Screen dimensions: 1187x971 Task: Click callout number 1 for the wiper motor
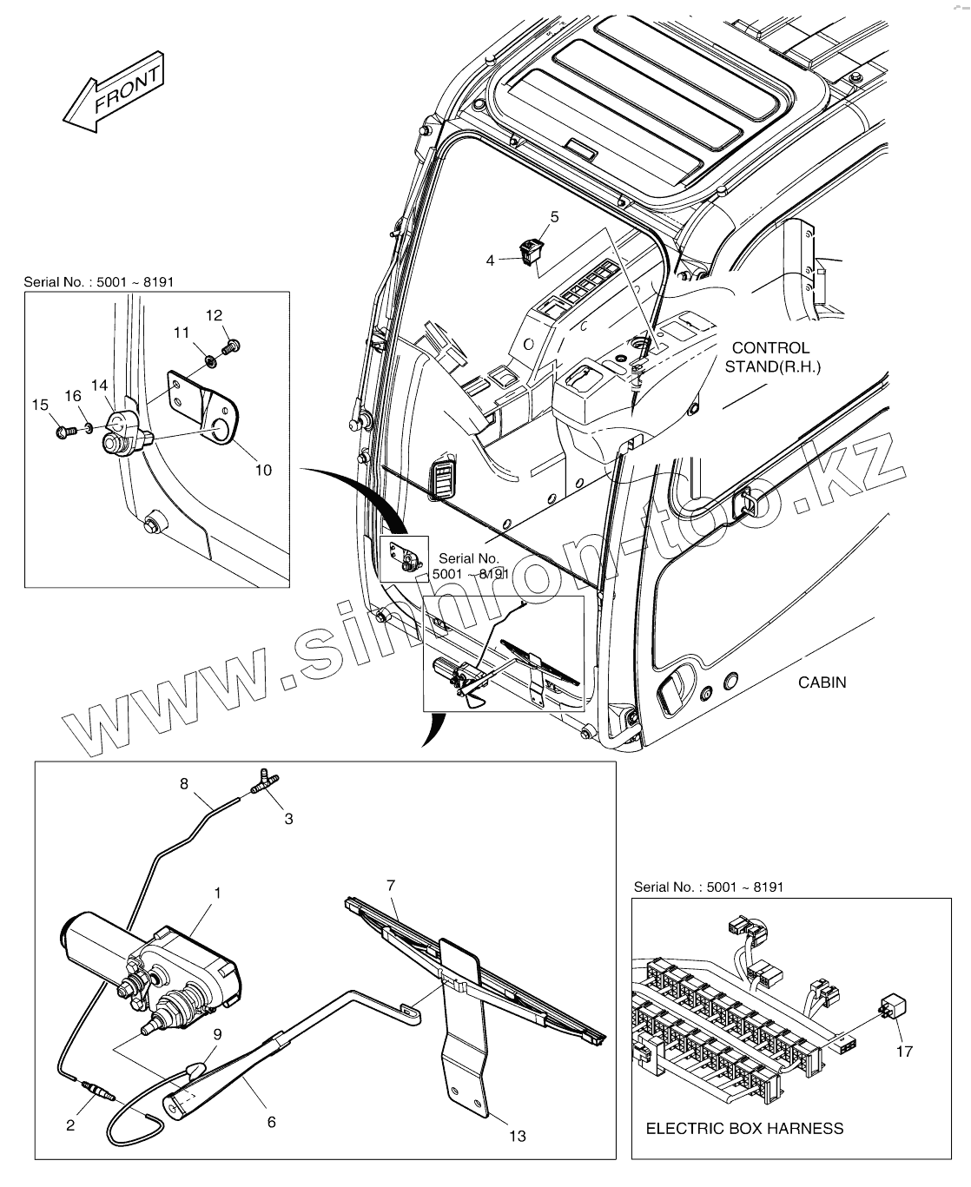click(x=217, y=892)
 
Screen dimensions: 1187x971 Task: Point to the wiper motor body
click(x=148, y=955)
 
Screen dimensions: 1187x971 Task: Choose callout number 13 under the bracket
click(x=517, y=1135)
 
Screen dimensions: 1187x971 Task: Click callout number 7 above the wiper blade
click(x=391, y=885)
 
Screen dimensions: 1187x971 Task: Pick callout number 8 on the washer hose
click(x=183, y=783)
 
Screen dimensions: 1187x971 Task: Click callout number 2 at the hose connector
click(x=70, y=1125)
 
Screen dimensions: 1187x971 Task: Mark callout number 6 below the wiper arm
click(x=271, y=1122)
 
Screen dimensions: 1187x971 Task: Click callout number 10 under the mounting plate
click(x=262, y=470)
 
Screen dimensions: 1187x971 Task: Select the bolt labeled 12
click(x=231, y=346)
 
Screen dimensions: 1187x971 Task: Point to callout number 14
click(x=99, y=384)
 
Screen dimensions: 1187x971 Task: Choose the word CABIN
click(x=822, y=682)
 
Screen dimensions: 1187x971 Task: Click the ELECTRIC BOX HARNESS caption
click(x=744, y=1128)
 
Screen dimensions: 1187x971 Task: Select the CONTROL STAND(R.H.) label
click(x=772, y=357)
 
